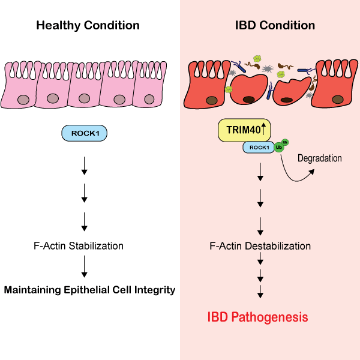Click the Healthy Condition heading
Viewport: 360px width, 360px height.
pos(88,26)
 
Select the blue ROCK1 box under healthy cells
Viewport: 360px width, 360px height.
pos(84,133)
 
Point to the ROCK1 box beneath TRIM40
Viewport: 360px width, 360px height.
pos(258,148)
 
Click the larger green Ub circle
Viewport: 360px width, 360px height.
pos(279,147)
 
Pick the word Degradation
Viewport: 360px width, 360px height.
pos(320,158)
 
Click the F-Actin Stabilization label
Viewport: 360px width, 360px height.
pos(88,246)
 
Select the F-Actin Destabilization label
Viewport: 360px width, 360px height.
pos(260,246)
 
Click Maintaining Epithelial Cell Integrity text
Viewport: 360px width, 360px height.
pos(89,290)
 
